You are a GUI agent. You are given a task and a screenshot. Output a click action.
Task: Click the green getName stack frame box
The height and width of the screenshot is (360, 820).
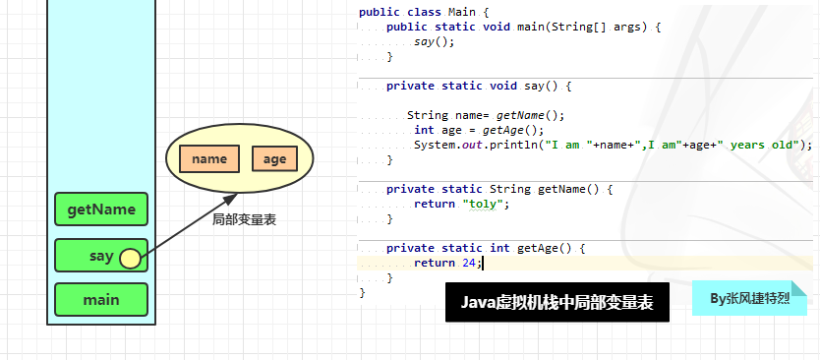[x=100, y=209]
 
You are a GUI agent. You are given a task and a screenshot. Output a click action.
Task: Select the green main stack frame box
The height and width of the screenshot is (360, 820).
[x=100, y=299]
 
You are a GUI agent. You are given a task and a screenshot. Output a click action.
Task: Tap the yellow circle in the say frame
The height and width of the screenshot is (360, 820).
[x=130, y=258]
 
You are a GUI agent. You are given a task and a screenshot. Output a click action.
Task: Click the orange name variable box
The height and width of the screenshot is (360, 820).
[x=209, y=158]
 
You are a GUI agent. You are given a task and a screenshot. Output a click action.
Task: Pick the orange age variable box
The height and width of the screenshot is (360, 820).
[x=274, y=158]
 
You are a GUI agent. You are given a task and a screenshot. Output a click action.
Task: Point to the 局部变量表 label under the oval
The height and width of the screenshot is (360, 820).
[x=244, y=220]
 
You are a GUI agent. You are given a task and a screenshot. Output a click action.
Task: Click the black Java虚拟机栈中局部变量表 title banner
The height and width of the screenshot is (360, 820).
[x=557, y=302]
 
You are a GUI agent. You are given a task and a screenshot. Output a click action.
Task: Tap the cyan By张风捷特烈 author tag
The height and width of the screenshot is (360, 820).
[x=749, y=297]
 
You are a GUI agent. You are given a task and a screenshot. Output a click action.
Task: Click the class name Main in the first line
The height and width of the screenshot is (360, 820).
[x=462, y=12]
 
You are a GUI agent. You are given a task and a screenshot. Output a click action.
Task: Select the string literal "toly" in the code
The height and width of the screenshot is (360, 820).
[x=486, y=204]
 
